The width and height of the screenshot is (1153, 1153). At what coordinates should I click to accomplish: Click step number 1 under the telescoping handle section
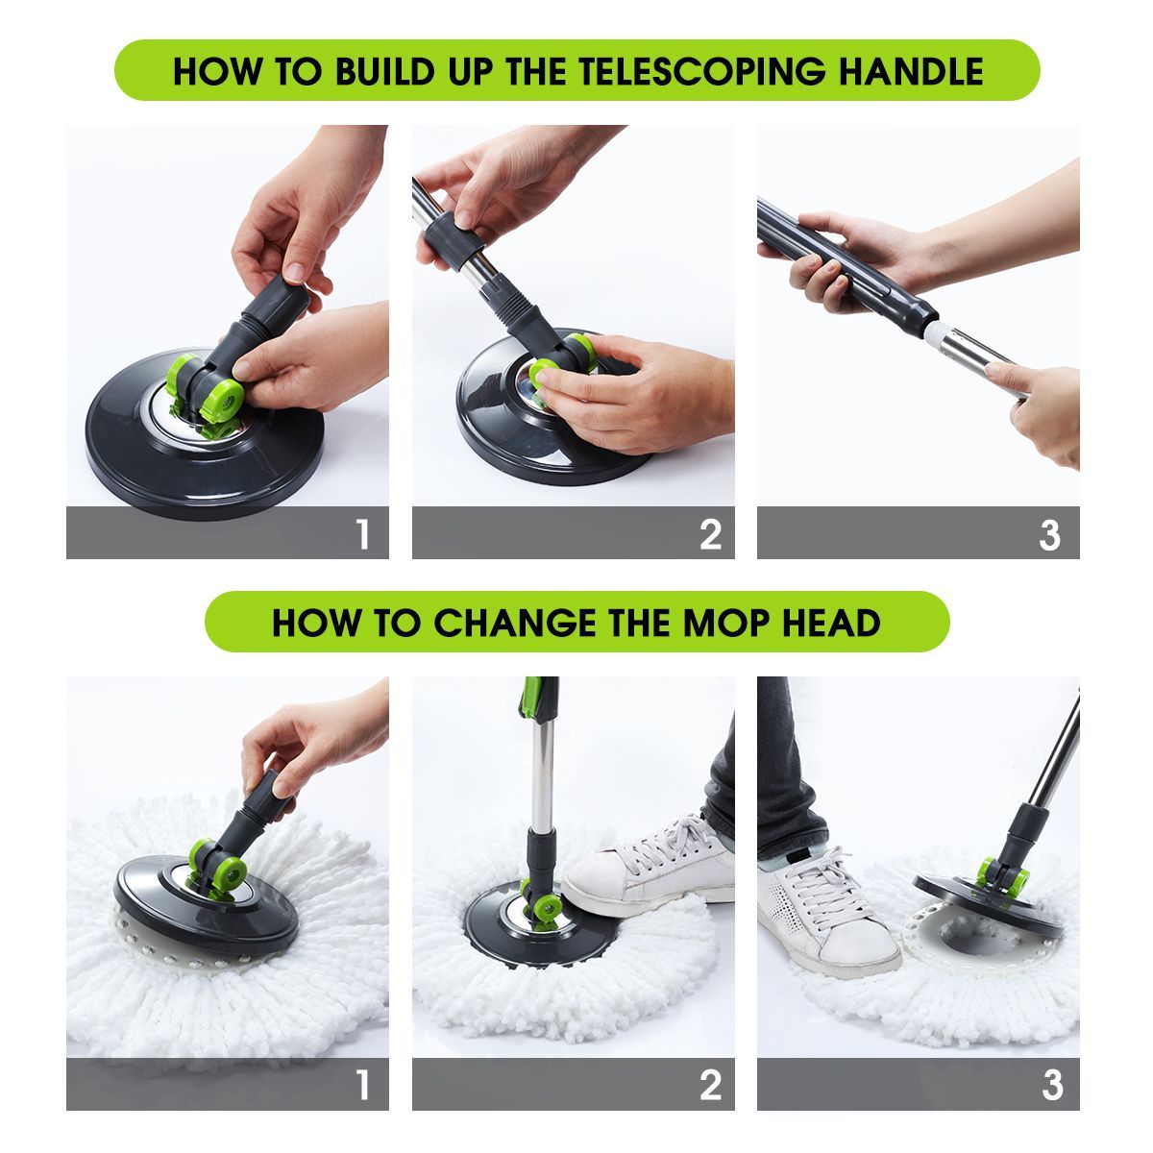coord(362,534)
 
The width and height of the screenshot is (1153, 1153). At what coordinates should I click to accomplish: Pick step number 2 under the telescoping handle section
coord(710,534)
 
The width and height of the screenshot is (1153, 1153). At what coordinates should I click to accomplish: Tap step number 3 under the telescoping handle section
coord(1049,534)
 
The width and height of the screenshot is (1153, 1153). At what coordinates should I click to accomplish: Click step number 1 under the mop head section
coord(362,1086)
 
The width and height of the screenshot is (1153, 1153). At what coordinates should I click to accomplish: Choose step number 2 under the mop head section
coord(710,1086)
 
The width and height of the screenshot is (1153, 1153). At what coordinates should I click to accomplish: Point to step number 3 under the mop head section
coord(1051,1086)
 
